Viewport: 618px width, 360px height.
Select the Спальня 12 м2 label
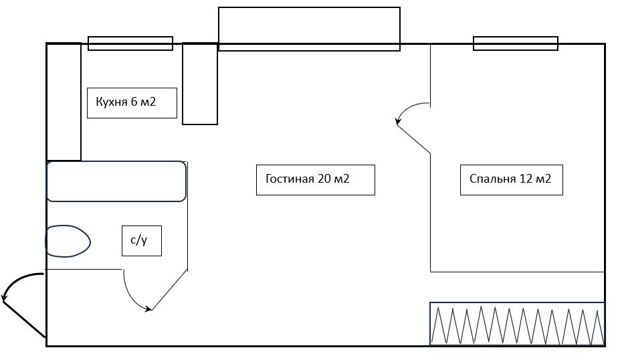tap(511, 179)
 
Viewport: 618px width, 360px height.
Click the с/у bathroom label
tap(141, 241)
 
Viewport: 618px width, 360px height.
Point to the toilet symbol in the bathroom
tap(67, 241)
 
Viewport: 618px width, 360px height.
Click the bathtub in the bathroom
tap(116, 181)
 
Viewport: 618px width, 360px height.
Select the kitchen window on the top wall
tap(130, 43)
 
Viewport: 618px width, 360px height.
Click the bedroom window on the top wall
tap(516, 43)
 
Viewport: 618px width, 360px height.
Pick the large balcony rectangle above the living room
tap(309, 28)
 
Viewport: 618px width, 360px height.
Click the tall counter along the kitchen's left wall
tap(64, 102)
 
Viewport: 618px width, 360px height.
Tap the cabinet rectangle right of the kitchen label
tap(200, 84)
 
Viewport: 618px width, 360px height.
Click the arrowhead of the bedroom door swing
tap(398, 122)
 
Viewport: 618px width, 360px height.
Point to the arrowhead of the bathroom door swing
tap(150, 308)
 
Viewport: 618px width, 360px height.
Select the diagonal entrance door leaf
tap(24, 319)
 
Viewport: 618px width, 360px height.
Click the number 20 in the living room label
tap(324, 179)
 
